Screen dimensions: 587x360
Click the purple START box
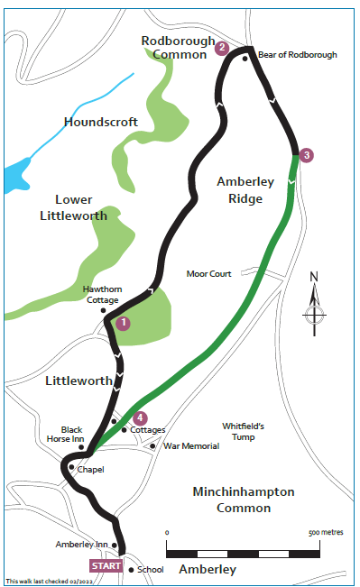[106, 565]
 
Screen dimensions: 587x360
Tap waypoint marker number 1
[124, 322]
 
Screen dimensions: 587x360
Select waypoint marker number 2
[222, 48]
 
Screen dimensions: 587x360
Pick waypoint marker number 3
[307, 155]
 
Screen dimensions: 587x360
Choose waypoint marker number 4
[139, 417]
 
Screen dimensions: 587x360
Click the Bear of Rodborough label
[297, 55]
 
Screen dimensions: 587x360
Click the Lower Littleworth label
[68, 206]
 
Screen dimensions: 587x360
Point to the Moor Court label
[209, 273]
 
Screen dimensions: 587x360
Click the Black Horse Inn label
[72, 435]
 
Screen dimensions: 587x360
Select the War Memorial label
[192, 445]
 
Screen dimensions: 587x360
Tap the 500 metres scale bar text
[326, 533]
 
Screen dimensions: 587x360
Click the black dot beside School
[131, 570]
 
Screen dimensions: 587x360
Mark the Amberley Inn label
[82, 545]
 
